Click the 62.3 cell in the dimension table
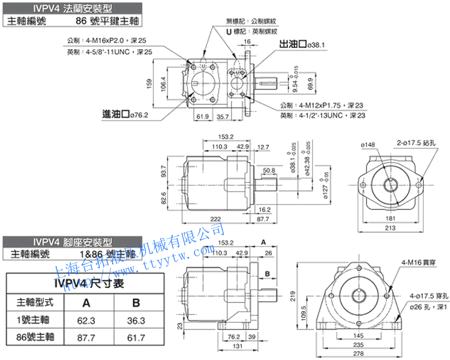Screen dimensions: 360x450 click(86, 320)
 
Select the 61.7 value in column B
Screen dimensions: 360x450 click(136, 338)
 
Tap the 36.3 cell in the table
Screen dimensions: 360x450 click(136, 320)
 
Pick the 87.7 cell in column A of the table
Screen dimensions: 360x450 click(86, 338)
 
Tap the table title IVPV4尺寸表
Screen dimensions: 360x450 click(90, 284)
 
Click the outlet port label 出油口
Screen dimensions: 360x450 click(294, 45)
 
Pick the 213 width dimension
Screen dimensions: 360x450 click(391, 228)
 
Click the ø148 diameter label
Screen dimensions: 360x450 click(368, 145)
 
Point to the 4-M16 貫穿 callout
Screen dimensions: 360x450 click(415, 262)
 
